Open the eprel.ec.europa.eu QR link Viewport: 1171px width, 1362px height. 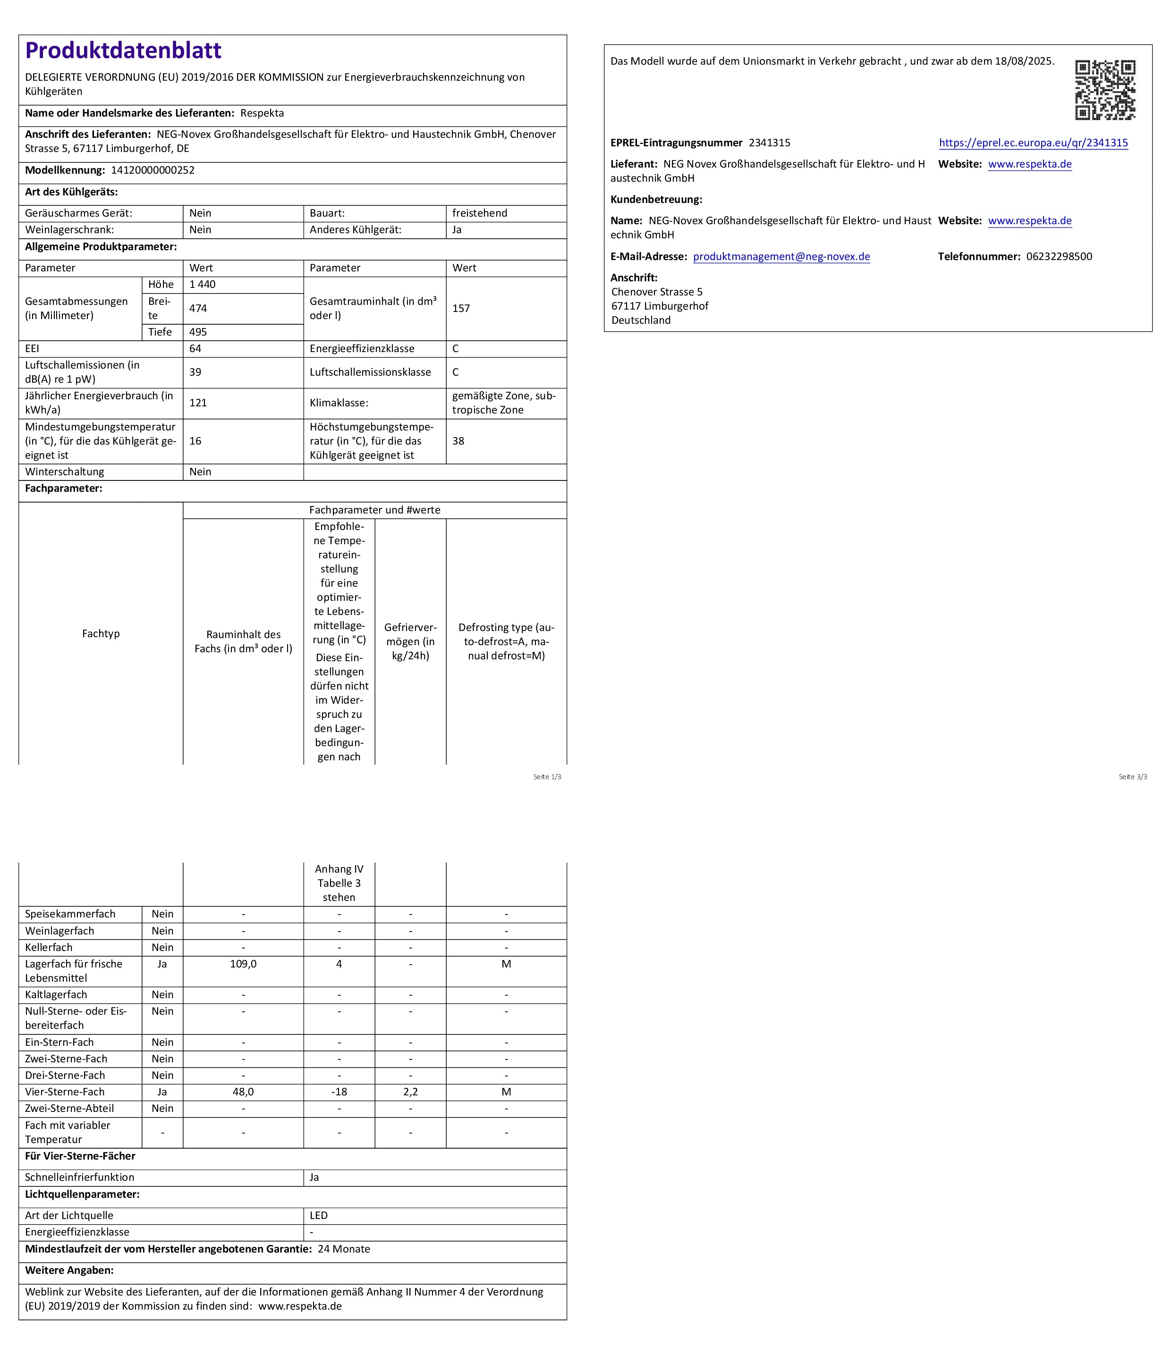[x=1033, y=143]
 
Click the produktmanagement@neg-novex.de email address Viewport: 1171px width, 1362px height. [x=781, y=256]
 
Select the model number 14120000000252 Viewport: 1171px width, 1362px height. [x=153, y=170]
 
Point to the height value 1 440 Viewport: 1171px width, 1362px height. [x=203, y=285]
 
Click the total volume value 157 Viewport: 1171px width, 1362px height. [x=461, y=308]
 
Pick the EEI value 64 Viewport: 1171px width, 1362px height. [x=195, y=348]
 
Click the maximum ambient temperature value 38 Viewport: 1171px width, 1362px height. [x=458, y=441]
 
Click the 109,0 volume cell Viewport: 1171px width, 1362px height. [x=243, y=964]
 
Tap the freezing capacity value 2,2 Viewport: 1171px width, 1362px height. [x=410, y=1092]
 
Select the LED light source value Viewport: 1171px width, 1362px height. [x=319, y=1215]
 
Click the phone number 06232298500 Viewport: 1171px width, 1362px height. [x=1059, y=256]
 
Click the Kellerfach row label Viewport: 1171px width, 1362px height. [x=49, y=947]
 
